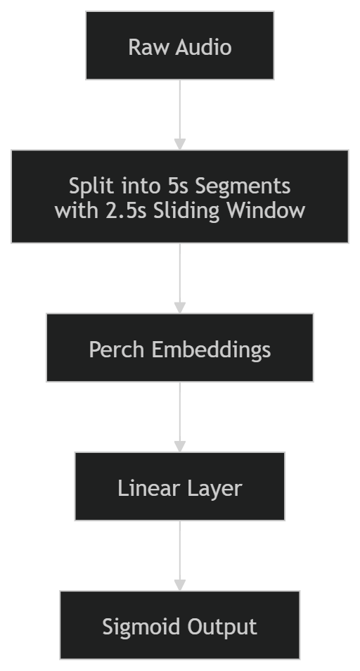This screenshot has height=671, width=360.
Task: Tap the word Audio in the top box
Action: (x=203, y=47)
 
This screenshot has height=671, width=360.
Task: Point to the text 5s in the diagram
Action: (x=178, y=186)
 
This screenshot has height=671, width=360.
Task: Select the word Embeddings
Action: (x=211, y=350)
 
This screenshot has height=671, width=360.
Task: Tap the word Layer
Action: (x=212, y=488)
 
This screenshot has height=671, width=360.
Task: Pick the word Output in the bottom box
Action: (x=222, y=627)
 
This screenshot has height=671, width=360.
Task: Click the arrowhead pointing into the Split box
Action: (x=180, y=144)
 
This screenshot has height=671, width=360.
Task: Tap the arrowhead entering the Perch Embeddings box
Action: (x=180, y=307)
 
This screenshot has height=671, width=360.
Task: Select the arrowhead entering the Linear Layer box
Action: (x=180, y=446)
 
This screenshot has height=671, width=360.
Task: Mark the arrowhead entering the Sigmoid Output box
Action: (x=180, y=585)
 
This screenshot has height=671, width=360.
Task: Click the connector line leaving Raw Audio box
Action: (x=180, y=109)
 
